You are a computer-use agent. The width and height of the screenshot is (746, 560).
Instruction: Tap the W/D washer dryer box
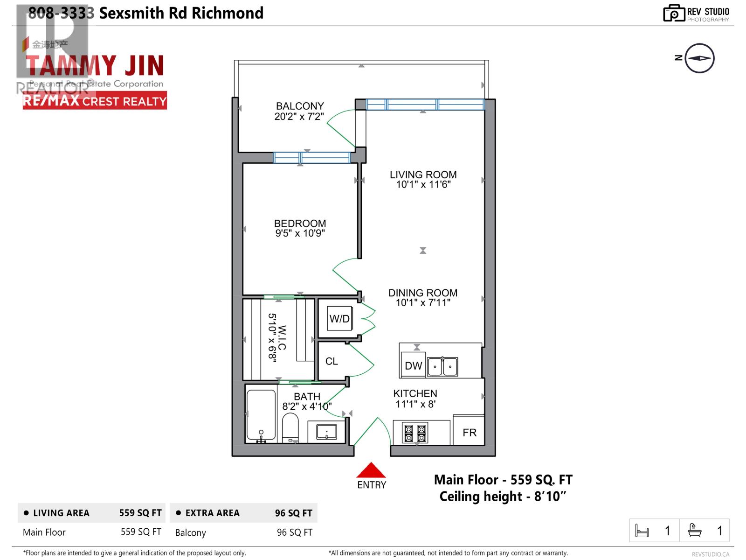pyautogui.click(x=339, y=319)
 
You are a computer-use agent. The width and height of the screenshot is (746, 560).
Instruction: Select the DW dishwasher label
pyautogui.click(x=413, y=366)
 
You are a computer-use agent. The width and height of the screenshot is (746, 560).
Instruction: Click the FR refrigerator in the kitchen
pyautogui.click(x=469, y=432)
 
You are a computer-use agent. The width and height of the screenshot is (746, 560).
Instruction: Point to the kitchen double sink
pyautogui.click(x=442, y=366)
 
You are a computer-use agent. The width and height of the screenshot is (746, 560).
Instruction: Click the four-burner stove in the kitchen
pyautogui.click(x=415, y=433)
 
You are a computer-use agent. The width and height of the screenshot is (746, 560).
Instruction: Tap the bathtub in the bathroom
pyautogui.click(x=261, y=416)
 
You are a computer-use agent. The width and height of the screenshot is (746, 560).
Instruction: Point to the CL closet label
pyautogui.click(x=332, y=361)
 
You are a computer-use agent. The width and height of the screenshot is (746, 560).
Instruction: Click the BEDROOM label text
pyautogui.click(x=300, y=224)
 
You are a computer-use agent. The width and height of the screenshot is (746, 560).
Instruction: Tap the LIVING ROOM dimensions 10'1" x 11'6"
pyautogui.click(x=423, y=185)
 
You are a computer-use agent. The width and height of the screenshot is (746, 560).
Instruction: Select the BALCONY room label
pyautogui.click(x=299, y=106)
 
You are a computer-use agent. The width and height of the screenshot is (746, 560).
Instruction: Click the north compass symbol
pyautogui.click(x=699, y=58)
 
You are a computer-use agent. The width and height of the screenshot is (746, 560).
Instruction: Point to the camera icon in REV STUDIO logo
pyautogui.click(x=674, y=13)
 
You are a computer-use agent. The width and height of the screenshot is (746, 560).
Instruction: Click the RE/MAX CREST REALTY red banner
pyautogui.click(x=95, y=101)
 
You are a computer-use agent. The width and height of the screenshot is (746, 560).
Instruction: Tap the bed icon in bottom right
pyautogui.click(x=642, y=531)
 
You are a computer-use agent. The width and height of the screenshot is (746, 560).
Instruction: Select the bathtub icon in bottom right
pyautogui.click(x=695, y=530)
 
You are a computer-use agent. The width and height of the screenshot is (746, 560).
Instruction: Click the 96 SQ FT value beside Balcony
pyautogui.click(x=294, y=532)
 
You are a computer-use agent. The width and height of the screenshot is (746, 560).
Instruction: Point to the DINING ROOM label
pyautogui.click(x=423, y=293)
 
